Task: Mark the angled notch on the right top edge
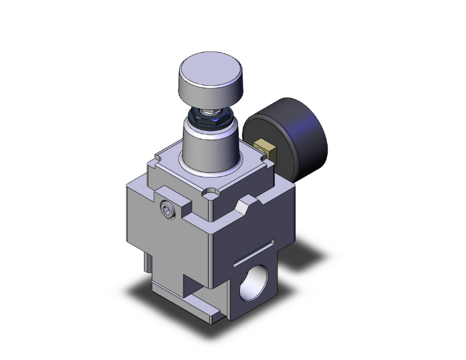(x=244, y=203)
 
